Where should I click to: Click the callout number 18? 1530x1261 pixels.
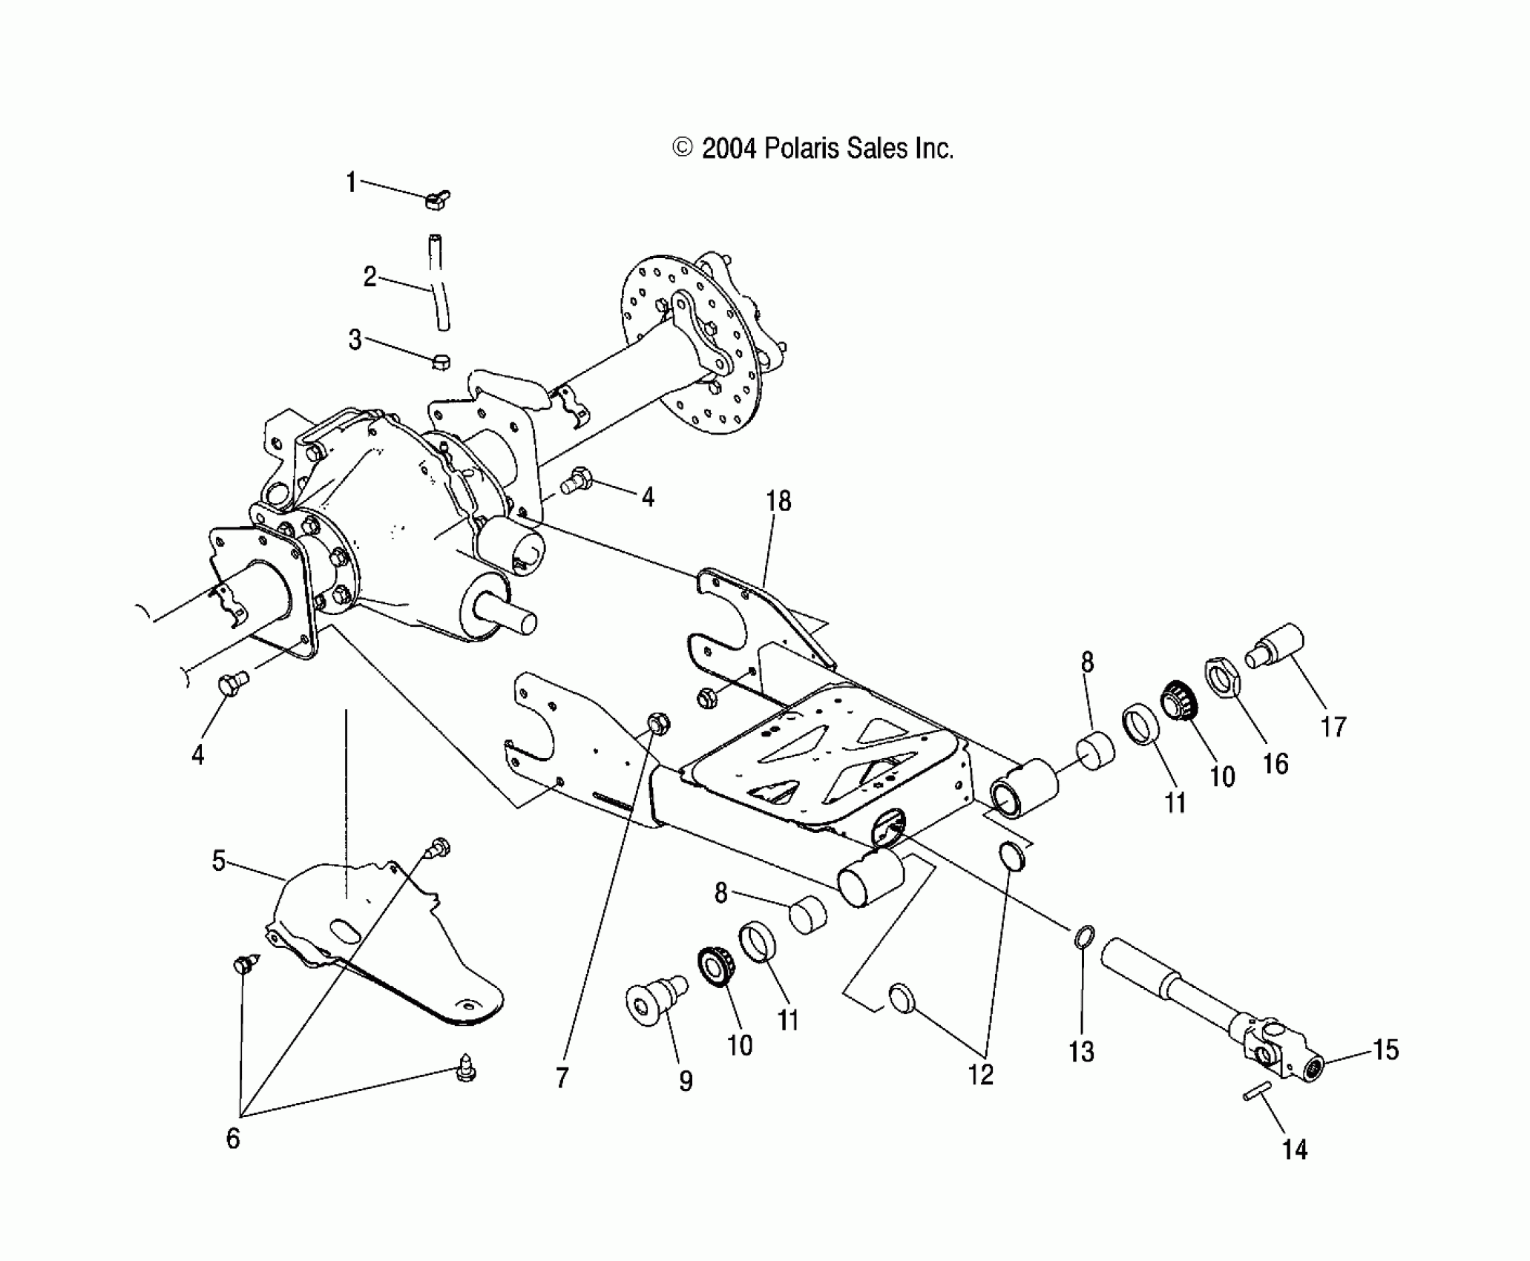point(778,502)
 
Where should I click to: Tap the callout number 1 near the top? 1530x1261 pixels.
point(352,182)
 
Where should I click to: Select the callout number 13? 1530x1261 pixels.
point(1081,1051)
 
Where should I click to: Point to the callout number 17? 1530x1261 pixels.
point(1333,727)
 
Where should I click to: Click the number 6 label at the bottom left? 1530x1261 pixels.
point(233,1138)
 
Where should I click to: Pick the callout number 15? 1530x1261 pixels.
point(1385,1050)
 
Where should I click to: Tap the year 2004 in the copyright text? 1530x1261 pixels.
point(729,149)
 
